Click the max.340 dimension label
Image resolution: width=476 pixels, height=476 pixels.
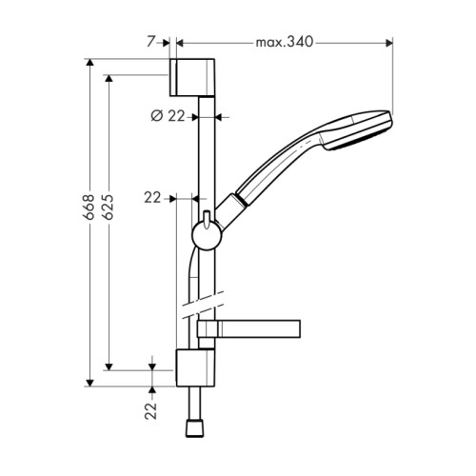pyautogui.click(x=285, y=42)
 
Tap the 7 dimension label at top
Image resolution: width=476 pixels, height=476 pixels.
pyautogui.click(x=151, y=42)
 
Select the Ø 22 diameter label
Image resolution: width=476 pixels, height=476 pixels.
pyautogui.click(x=168, y=116)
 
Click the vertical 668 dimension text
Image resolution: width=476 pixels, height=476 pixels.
pyautogui.click(x=89, y=207)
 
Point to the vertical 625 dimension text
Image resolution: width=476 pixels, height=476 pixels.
pyautogui.click(x=109, y=207)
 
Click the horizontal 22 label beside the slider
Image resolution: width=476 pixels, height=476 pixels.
pyautogui.click(x=152, y=198)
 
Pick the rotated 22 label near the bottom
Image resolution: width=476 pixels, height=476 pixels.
pyautogui.click(x=151, y=411)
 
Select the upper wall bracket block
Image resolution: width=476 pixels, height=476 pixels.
pyautogui.click(x=192, y=77)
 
